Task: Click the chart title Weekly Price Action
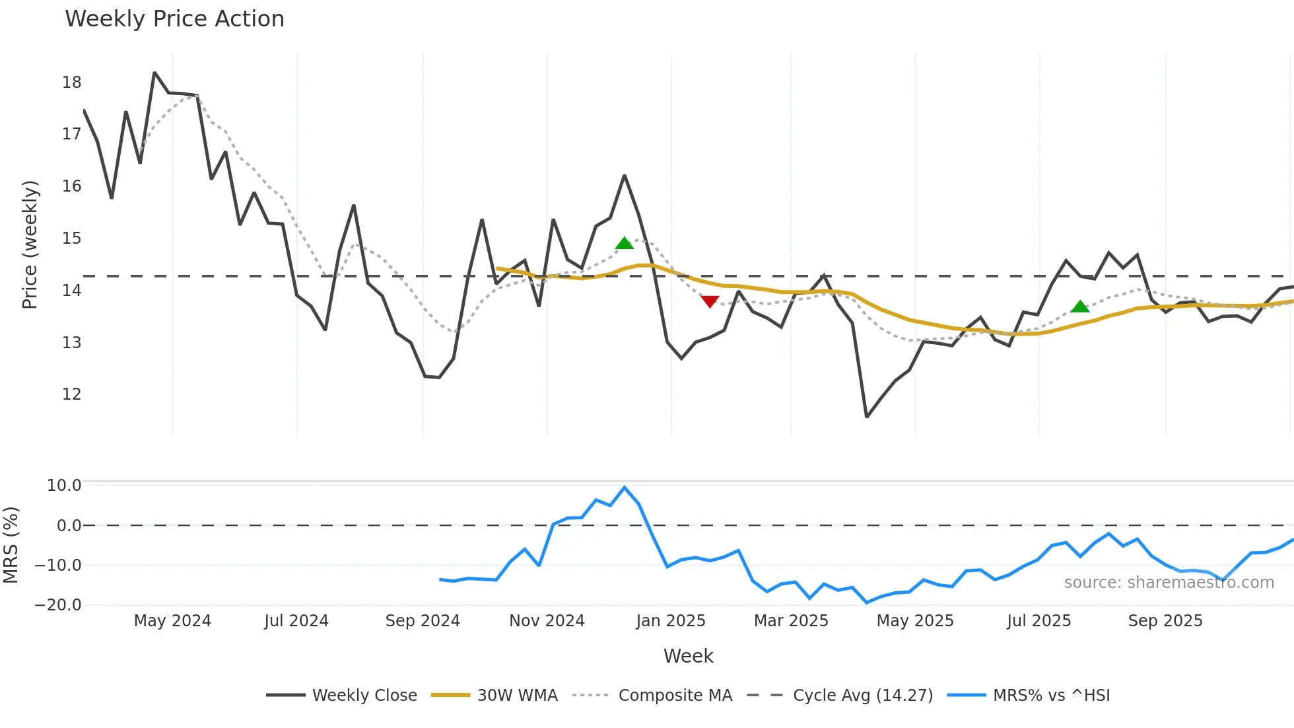coord(174,18)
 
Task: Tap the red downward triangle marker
coord(710,301)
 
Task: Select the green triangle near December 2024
coord(624,244)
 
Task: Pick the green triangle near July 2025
coord(1080,307)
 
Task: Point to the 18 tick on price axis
coord(71,83)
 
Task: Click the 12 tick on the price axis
coord(71,394)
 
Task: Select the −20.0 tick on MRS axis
coord(58,605)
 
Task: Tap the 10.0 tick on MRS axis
coord(64,486)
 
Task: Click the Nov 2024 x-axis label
coord(547,621)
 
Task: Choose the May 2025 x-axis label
coord(915,621)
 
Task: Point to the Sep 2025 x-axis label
coord(1165,621)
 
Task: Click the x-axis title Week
coord(688,656)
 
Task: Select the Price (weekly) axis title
coord(30,244)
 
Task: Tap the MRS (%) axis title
coord(11,545)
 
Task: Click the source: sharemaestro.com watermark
coord(1169,583)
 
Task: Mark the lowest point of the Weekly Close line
coord(867,417)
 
